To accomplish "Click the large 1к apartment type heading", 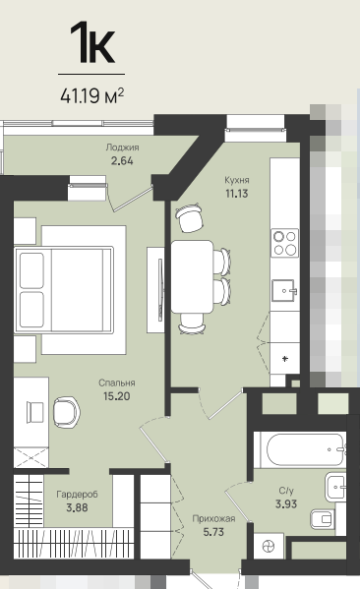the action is pos(92,42).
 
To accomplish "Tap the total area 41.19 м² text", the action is pos(92,96).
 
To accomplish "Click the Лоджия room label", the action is pos(122,147).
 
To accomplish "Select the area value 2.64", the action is pos(122,161).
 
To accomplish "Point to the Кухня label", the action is pos(237,180).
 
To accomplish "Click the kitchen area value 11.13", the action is pos(237,194).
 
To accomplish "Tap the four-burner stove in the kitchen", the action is pos(285,243).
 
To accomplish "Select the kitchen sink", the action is pos(284,290).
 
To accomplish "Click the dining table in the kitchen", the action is pos(193,277).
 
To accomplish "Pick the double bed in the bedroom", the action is pos(64,290).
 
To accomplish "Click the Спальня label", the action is pos(116,383).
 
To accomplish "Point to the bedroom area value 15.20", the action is pos(116,396).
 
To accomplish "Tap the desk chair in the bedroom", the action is pos(66,412).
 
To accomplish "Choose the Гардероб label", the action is pos(77,495).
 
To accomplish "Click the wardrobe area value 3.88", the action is pos(77,507).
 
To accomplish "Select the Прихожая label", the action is pos(213,519).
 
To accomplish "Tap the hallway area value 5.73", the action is pos(213,532).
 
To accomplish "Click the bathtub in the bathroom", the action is pos(305,449).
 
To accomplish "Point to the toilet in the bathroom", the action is pos(323,519).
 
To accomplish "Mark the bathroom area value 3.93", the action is pos(286,504).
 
